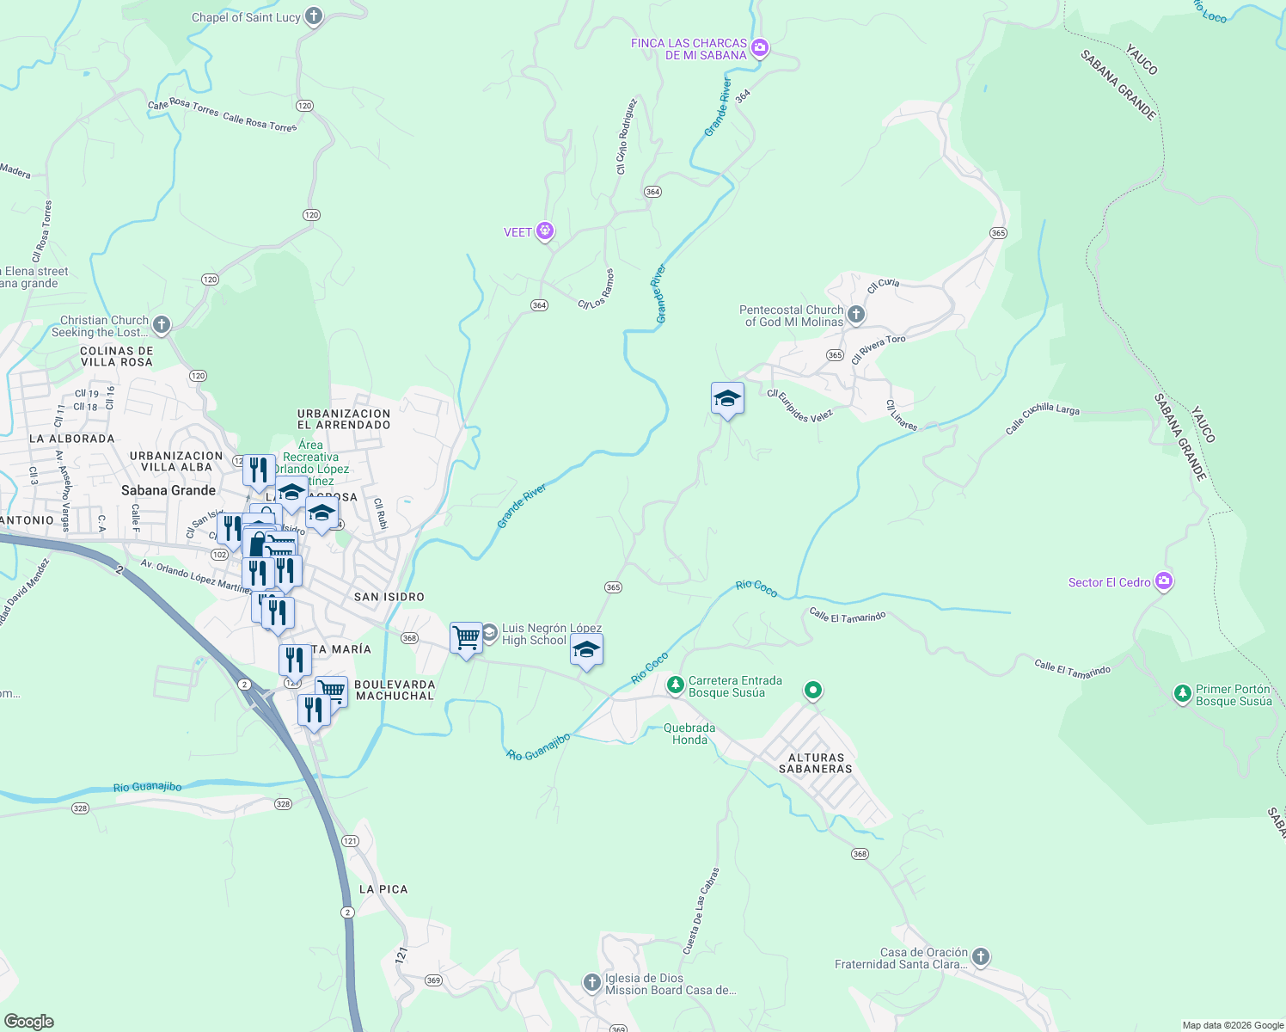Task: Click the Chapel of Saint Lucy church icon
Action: [314, 15]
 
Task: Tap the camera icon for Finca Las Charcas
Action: [759, 48]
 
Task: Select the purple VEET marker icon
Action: [544, 231]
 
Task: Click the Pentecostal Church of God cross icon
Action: [855, 315]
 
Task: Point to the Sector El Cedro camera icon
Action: [1164, 581]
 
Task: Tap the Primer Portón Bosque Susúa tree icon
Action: [1183, 693]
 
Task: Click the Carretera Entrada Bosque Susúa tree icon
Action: [676, 685]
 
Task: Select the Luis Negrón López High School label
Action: [551, 635]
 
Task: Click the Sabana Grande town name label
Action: [168, 490]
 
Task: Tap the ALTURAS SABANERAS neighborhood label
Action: [815, 764]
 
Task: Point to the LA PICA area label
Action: [383, 889]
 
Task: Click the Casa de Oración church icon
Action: [980, 956]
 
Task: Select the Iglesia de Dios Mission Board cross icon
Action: [591, 982]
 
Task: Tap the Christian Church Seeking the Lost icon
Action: [162, 325]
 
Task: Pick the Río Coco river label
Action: [756, 588]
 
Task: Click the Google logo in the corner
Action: [29, 1021]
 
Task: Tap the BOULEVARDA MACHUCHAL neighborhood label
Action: [395, 691]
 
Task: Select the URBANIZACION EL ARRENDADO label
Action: [344, 419]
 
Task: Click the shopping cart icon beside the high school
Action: [466, 638]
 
